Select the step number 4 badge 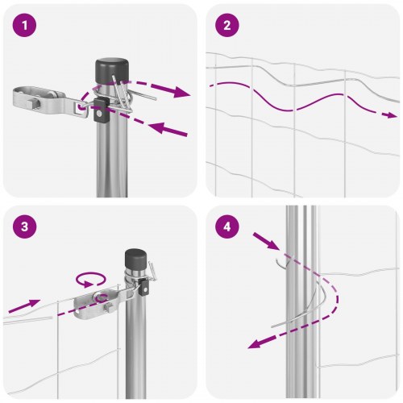click(227, 226)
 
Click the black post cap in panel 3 click(135, 262)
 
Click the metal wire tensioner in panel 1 click(44, 101)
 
